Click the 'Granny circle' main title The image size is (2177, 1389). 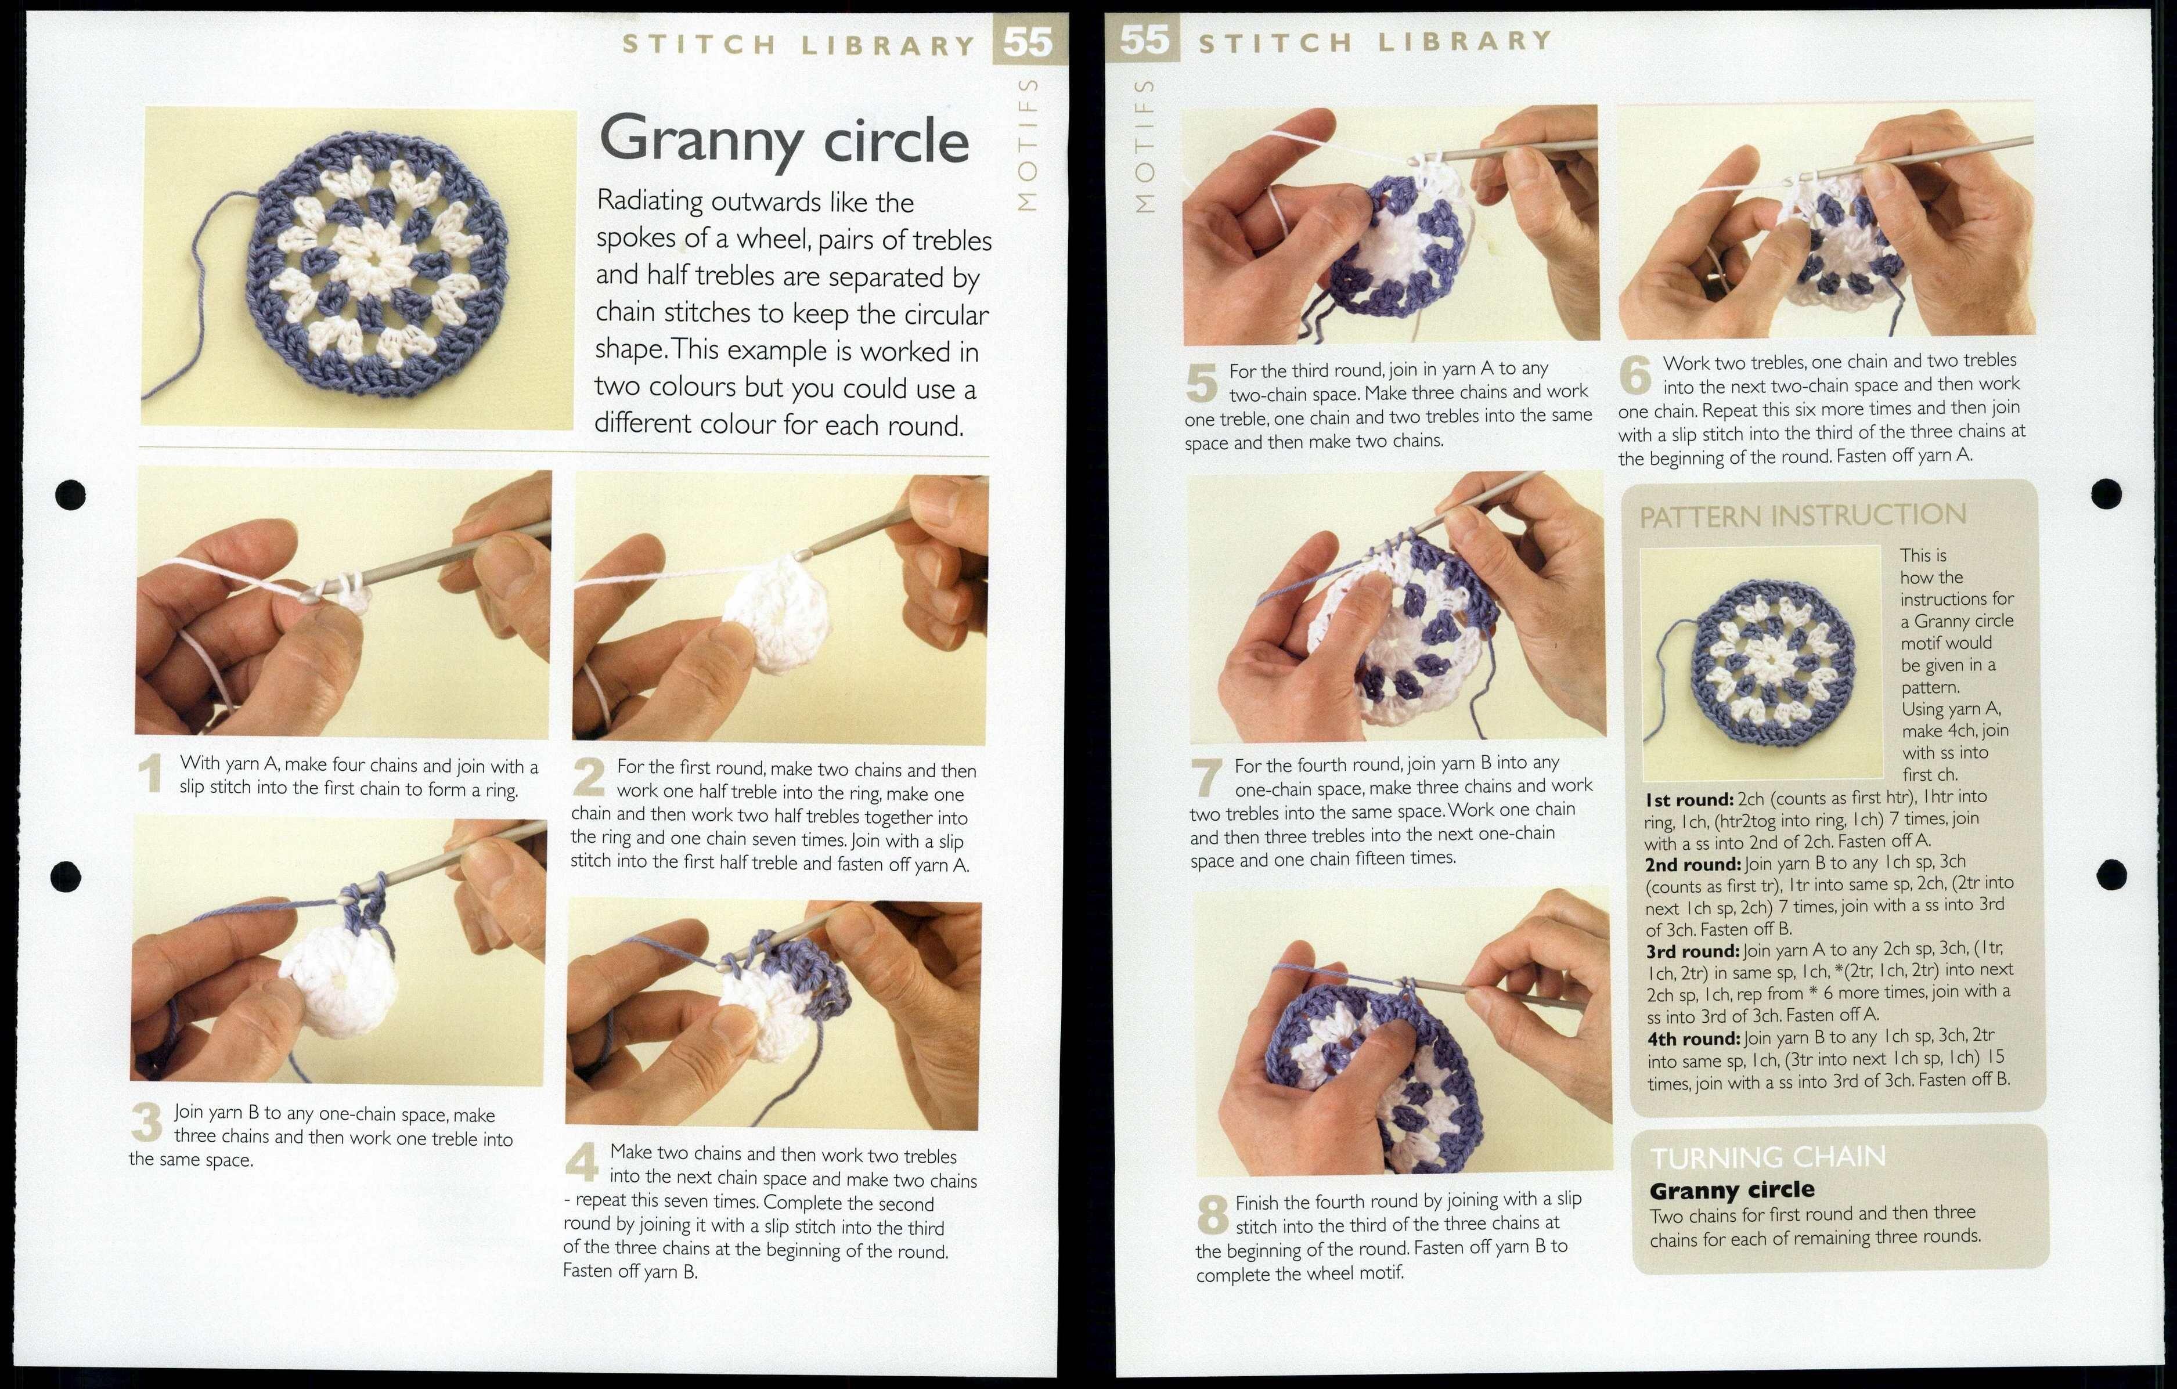click(783, 141)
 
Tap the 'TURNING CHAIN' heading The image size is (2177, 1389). click(1768, 1157)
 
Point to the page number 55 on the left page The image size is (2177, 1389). click(1028, 41)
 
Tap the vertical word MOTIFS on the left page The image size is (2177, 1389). click(1026, 145)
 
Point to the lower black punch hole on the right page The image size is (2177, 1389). click(2111, 873)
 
